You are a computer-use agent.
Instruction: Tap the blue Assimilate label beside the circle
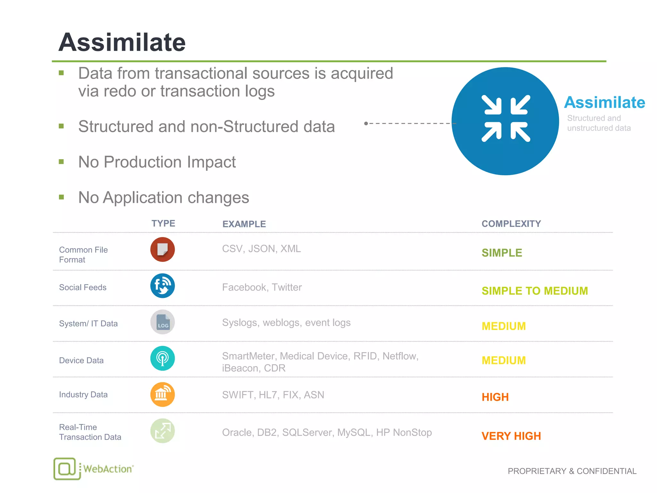(x=604, y=102)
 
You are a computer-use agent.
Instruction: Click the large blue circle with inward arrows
(x=505, y=121)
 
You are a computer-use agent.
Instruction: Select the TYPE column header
(x=163, y=223)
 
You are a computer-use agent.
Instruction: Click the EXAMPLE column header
(x=244, y=224)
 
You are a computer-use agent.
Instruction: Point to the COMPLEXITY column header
(x=511, y=224)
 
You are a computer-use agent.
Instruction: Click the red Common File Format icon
(x=163, y=249)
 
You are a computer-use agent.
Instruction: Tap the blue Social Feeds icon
(x=163, y=286)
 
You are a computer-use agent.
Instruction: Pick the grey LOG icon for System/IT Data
(x=163, y=322)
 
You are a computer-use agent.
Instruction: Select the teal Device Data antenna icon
(x=163, y=358)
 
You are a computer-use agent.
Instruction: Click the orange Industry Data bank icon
(x=163, y=394)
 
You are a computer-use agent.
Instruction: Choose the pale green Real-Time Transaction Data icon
(x=163, y=431)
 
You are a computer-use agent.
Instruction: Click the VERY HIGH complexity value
(x=511, y=436)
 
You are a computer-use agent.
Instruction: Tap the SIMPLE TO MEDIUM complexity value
(x=534, y=291)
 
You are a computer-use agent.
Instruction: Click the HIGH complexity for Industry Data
(x=495, y=397)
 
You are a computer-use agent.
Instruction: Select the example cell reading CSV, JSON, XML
(x=261, y=249)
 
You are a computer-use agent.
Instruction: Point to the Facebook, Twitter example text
(x=262, y=287)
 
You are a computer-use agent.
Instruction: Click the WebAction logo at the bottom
(x=93, y=469)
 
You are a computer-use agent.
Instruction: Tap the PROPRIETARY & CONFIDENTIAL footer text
(x=572, y=471)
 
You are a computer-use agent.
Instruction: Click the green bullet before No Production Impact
(x=62, y=162)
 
